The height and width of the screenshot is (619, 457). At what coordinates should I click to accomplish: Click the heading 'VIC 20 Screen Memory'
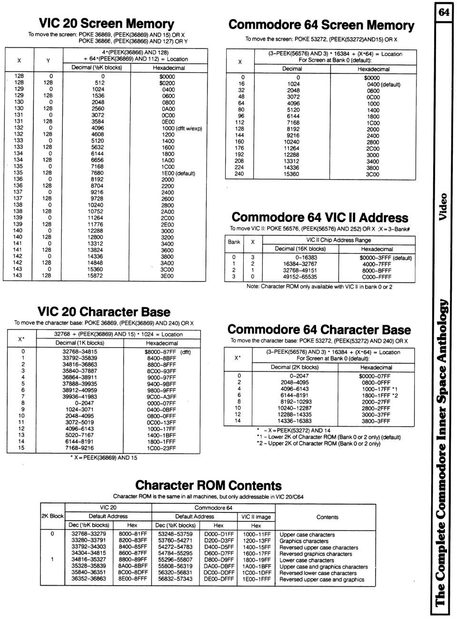[x=107, y=24]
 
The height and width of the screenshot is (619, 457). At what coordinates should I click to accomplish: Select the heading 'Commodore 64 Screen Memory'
[x=321, y=25]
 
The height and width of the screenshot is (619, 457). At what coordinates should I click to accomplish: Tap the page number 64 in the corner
[x=444, y=12]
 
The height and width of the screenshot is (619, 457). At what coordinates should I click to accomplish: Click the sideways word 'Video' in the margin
[x=443, y=206]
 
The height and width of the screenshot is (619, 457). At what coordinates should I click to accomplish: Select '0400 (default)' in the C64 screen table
[x=384, y=84]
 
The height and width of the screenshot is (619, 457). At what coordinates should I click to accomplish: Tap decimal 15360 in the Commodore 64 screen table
[x=291, y=174]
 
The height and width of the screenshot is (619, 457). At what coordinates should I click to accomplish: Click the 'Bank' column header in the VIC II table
[x=234, y=242]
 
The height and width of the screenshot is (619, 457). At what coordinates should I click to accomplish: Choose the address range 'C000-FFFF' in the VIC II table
[x=376, y=277]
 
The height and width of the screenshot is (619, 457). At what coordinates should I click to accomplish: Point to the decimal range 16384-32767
[x=300, y=264]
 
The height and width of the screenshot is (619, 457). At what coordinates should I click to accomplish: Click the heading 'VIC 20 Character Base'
[x=104, y=312]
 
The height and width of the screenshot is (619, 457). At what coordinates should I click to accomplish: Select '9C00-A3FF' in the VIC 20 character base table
[x=161, y=397]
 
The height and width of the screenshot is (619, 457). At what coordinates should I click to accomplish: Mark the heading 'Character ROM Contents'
[x=209, y=486]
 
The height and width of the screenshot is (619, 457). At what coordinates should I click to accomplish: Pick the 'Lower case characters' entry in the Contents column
[x=307, y=560]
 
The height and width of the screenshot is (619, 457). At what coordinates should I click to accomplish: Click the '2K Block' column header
[x=52, y=516]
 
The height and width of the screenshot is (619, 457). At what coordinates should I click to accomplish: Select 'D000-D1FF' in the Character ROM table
[x=219, y=534]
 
